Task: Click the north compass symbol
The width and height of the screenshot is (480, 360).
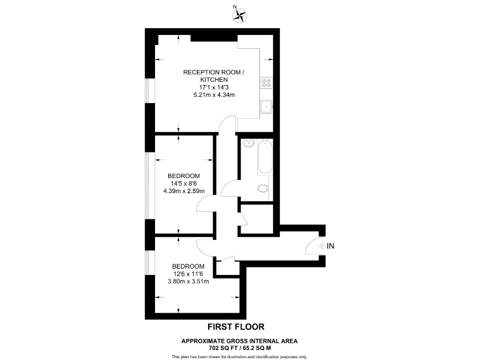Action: coord(240,15)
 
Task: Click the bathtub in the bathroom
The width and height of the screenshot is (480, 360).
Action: coord(264,158)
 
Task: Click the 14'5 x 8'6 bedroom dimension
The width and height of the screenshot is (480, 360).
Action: coord(183,183)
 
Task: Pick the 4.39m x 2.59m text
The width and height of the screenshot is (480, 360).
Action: coord(183,191)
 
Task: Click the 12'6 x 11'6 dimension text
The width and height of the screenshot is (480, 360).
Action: coord(188,273)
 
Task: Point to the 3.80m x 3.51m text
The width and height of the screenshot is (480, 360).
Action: coord(188,281)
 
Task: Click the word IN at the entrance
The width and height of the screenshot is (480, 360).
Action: coord(331,246)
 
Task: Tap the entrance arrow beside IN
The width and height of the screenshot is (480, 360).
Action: coord(321,246)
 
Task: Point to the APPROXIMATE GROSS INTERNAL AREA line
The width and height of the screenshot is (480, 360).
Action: coord(239,341)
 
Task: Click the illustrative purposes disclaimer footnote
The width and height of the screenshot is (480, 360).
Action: coord(239,356)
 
